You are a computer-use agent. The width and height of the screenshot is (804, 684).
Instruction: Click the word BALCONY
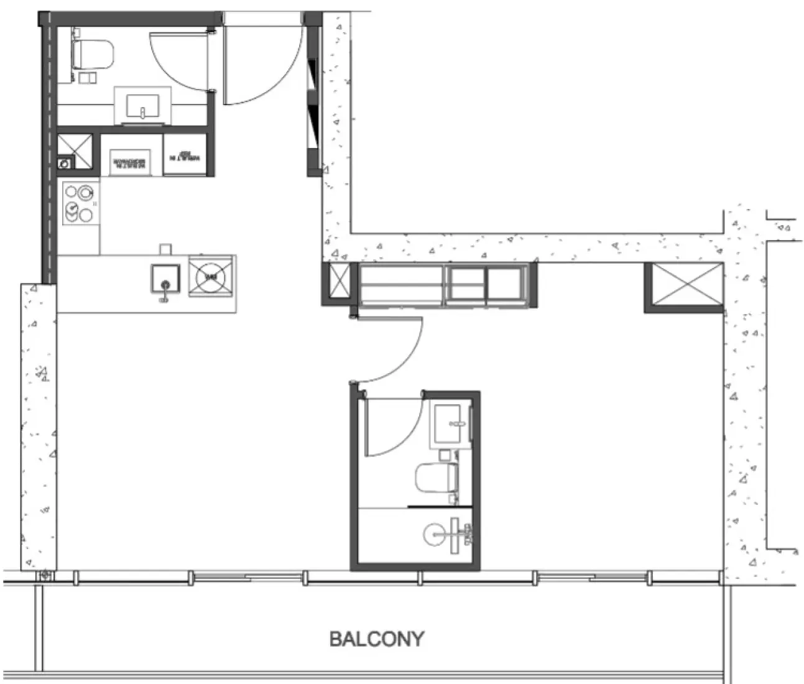pyautogui.click(x=377, y=639)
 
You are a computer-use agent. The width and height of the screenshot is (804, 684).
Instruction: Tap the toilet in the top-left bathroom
pyautogui.click(x=94, y=54)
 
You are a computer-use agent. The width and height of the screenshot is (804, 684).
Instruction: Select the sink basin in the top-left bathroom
pyautogui.click(x=143, y=106)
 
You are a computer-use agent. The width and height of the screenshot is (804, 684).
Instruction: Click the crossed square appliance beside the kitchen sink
pyautogui.click(x=212, y=275)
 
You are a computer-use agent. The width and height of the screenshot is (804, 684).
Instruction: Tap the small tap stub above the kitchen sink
pyautogui.click(x=165, y=249)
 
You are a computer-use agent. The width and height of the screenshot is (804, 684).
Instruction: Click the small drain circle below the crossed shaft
pyautogui.click(x=64, y=164)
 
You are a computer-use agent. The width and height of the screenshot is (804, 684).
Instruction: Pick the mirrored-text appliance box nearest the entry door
pyautogui.click(x=185, y=155)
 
